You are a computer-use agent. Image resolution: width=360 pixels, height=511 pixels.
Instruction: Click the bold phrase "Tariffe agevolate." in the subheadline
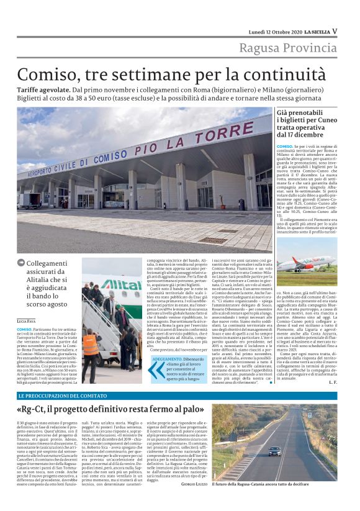coord(43,90)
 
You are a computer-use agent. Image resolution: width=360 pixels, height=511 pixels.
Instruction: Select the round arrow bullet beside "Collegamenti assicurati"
coord(21,264)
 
